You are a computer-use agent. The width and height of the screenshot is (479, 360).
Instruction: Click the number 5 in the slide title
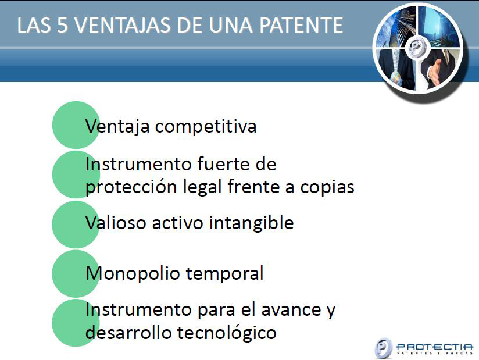pyautogui.click(x=62, y=25)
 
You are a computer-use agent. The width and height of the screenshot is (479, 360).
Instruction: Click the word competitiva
pyautogui.click(x=206, y=126)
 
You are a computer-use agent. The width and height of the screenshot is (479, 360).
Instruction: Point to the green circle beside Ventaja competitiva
pyautogui.click(x=76, y=125)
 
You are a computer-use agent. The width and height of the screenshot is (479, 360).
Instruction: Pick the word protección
pyautogui.click(x=131, y=187)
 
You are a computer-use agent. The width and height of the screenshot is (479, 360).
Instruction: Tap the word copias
pyautogui.click(x=327, y=187)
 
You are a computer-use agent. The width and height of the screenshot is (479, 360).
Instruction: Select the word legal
pyautogui.click(x=202, y=187)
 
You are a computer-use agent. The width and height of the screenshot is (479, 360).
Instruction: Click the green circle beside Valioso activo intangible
pyautogui.click(x=76, y=224)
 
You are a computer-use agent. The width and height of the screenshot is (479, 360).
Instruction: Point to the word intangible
pyautogui.click(x=251, y=223)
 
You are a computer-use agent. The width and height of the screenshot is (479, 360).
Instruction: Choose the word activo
pyautogui.click(x=177, y=223)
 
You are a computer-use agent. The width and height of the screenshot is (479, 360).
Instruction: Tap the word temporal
pyautogui.click(x=224, y=273)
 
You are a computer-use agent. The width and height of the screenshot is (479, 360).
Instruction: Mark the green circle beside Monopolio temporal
pyautogui.click(x=76, y=274)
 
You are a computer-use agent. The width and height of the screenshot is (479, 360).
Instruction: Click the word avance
pyautogui.click(x=291, y=310)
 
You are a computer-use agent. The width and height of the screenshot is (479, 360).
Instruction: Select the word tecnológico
pyautogui.click(x=227, y=333)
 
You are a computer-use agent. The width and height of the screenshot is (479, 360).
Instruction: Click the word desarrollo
pyautogui.click(x=128, y=333)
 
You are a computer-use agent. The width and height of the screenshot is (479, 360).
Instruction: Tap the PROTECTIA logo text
pyautogui.click(x=434, y=347)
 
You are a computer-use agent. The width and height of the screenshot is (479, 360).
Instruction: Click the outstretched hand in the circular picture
pyautogui.click(x=434, y=71)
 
